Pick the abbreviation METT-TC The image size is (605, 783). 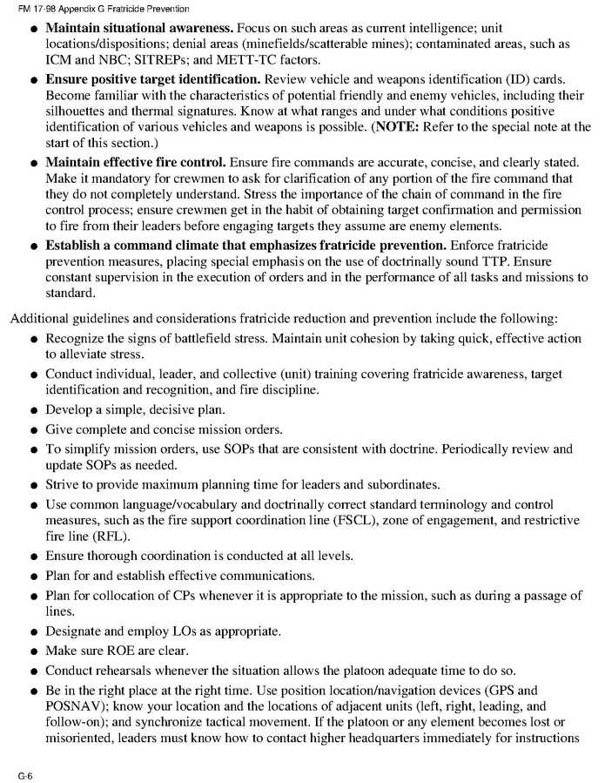tap(268, 60)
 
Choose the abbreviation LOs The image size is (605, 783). tap(187, 631)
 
